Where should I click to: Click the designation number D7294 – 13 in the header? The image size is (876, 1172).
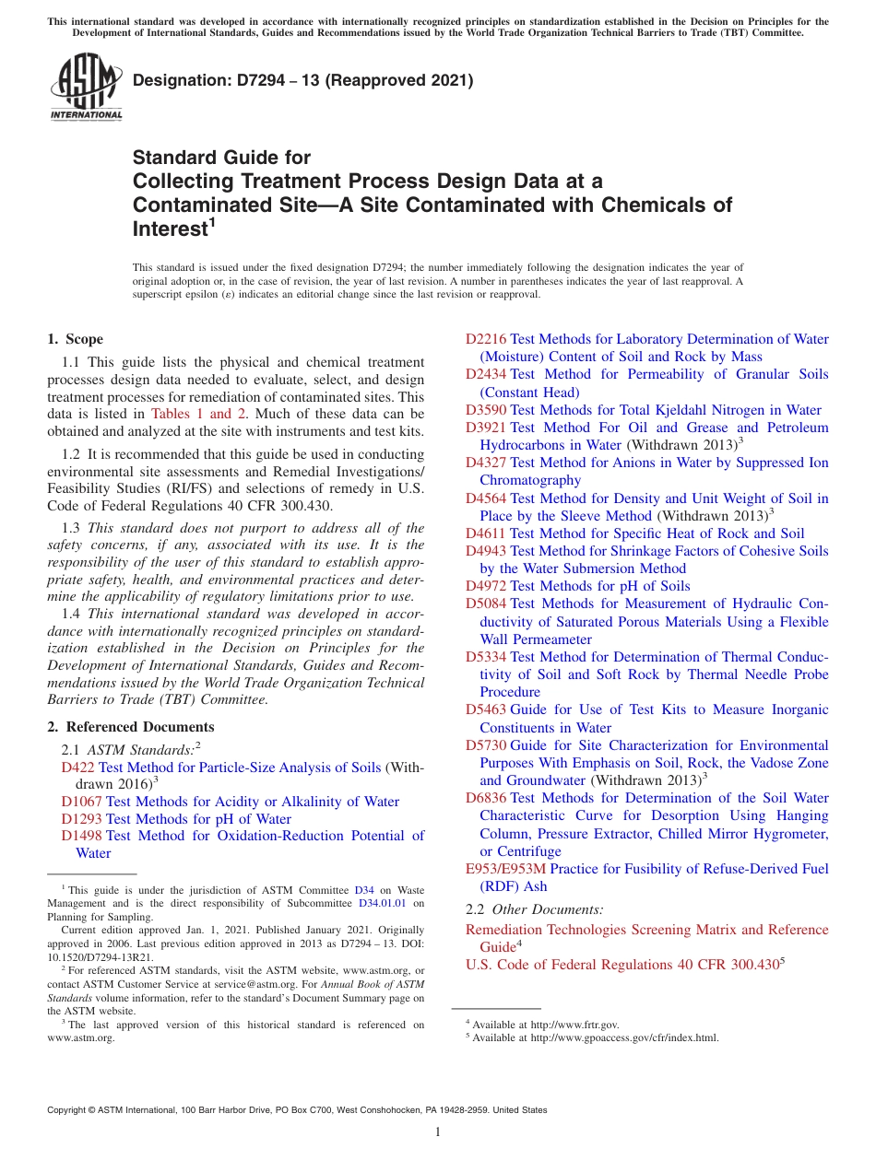pyautogui.click(x=302, y=81)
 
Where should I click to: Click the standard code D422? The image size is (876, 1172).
pyautogui.click(x=78, y=767)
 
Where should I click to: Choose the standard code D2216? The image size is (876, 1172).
pyautogui.click(x=486, y=339)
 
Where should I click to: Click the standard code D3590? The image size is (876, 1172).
pyautogui.click(x=486, y=410)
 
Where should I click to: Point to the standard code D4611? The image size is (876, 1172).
pyautogui.click(x=486, y=533)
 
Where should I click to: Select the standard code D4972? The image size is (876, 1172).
pyautogui.click(x=486, y=586)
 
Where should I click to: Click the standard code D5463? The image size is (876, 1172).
pyautogui.click(x=486, y=709)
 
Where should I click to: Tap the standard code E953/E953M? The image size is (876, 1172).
pyautogui.click(x=506, y=869)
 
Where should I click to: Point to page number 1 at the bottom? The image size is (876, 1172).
pyautogui.click(x=438, y=1131)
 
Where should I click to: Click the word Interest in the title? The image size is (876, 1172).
pyautogui.click(x=170, y=229)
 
